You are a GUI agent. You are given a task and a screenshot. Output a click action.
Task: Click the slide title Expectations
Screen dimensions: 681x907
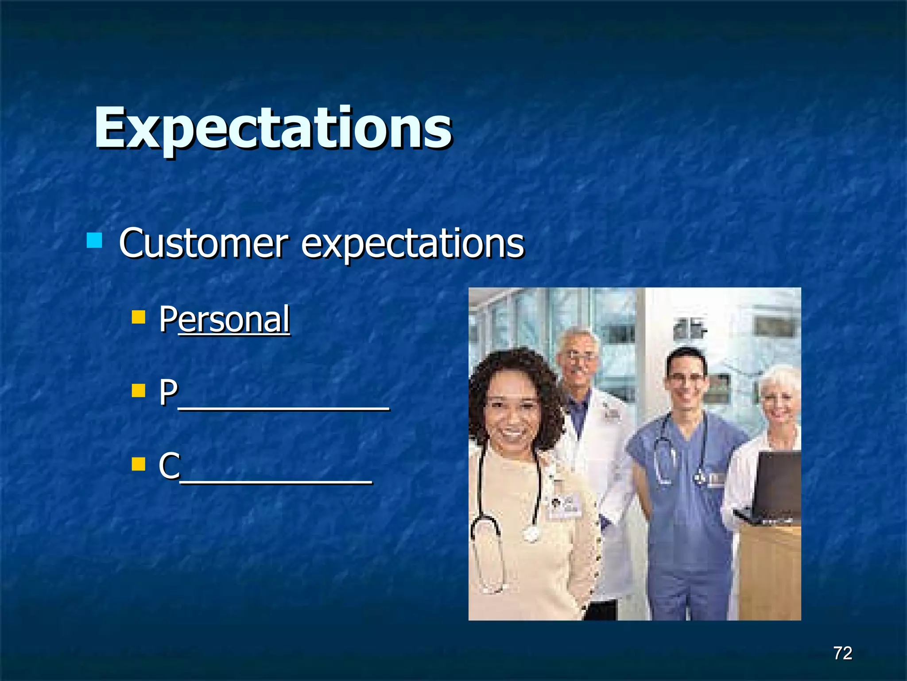coord(273,129)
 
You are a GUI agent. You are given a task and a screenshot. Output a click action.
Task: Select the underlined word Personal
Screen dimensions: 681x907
coord(225,319)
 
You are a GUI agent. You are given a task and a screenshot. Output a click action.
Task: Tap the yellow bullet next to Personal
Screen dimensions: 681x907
coord(139,317)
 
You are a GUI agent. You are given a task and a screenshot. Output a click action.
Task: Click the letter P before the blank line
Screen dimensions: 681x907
coord(168,392)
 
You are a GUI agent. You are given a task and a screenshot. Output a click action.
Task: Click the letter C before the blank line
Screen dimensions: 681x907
coord(169,466)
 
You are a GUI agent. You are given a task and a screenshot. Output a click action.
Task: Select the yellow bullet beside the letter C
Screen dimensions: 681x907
coord(139,464)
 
